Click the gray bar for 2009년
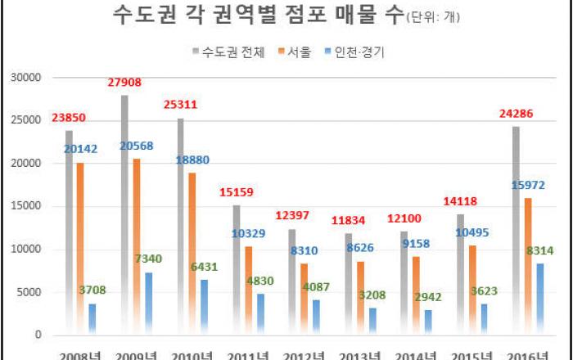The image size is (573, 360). coord(124,213)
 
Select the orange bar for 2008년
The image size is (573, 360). coord(80,245)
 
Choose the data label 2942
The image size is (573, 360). coord(430,296)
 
